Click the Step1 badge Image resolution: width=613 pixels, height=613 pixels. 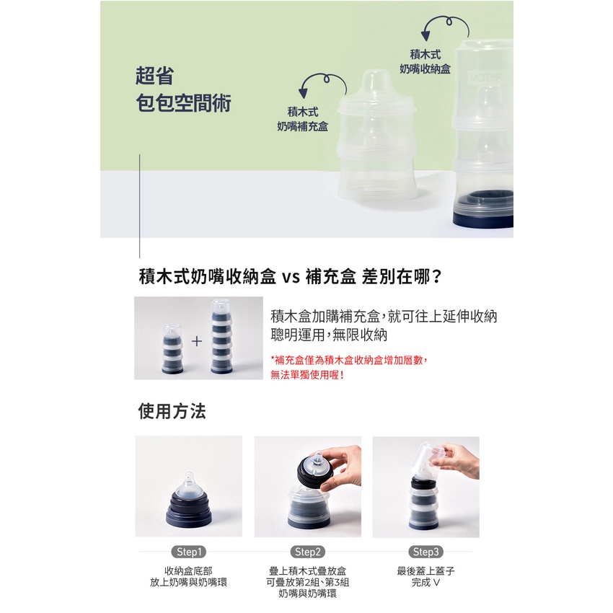click(x=188, y=552)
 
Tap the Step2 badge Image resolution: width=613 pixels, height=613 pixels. click(x=307, y=552)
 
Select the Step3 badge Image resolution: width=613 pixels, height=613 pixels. click(x=425, y=552)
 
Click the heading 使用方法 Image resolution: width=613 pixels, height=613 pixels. click(x=172, y=411)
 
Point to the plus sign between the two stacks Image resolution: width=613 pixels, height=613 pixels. click(x=197, y=341)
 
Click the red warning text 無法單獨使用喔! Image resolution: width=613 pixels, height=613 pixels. click(x=307, y=375)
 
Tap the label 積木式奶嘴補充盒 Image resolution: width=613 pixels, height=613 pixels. click(x=303, y=119)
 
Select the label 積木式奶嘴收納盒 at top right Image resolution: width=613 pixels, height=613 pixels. click(x=425, y=62)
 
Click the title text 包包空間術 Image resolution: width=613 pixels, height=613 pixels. click(x=183, y=103)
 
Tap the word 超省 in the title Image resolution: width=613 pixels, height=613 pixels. click(x=155, y=76)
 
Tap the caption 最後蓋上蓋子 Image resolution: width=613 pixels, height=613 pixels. click(x=425, y=571)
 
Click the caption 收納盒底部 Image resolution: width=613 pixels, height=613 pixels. click(x=188, y=571)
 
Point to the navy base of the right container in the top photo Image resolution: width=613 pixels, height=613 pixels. click(x=483, y=219)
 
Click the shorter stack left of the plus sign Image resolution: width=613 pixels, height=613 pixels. click(x=172, y=349)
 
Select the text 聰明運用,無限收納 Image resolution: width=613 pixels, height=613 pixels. click(x=329, y=335)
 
